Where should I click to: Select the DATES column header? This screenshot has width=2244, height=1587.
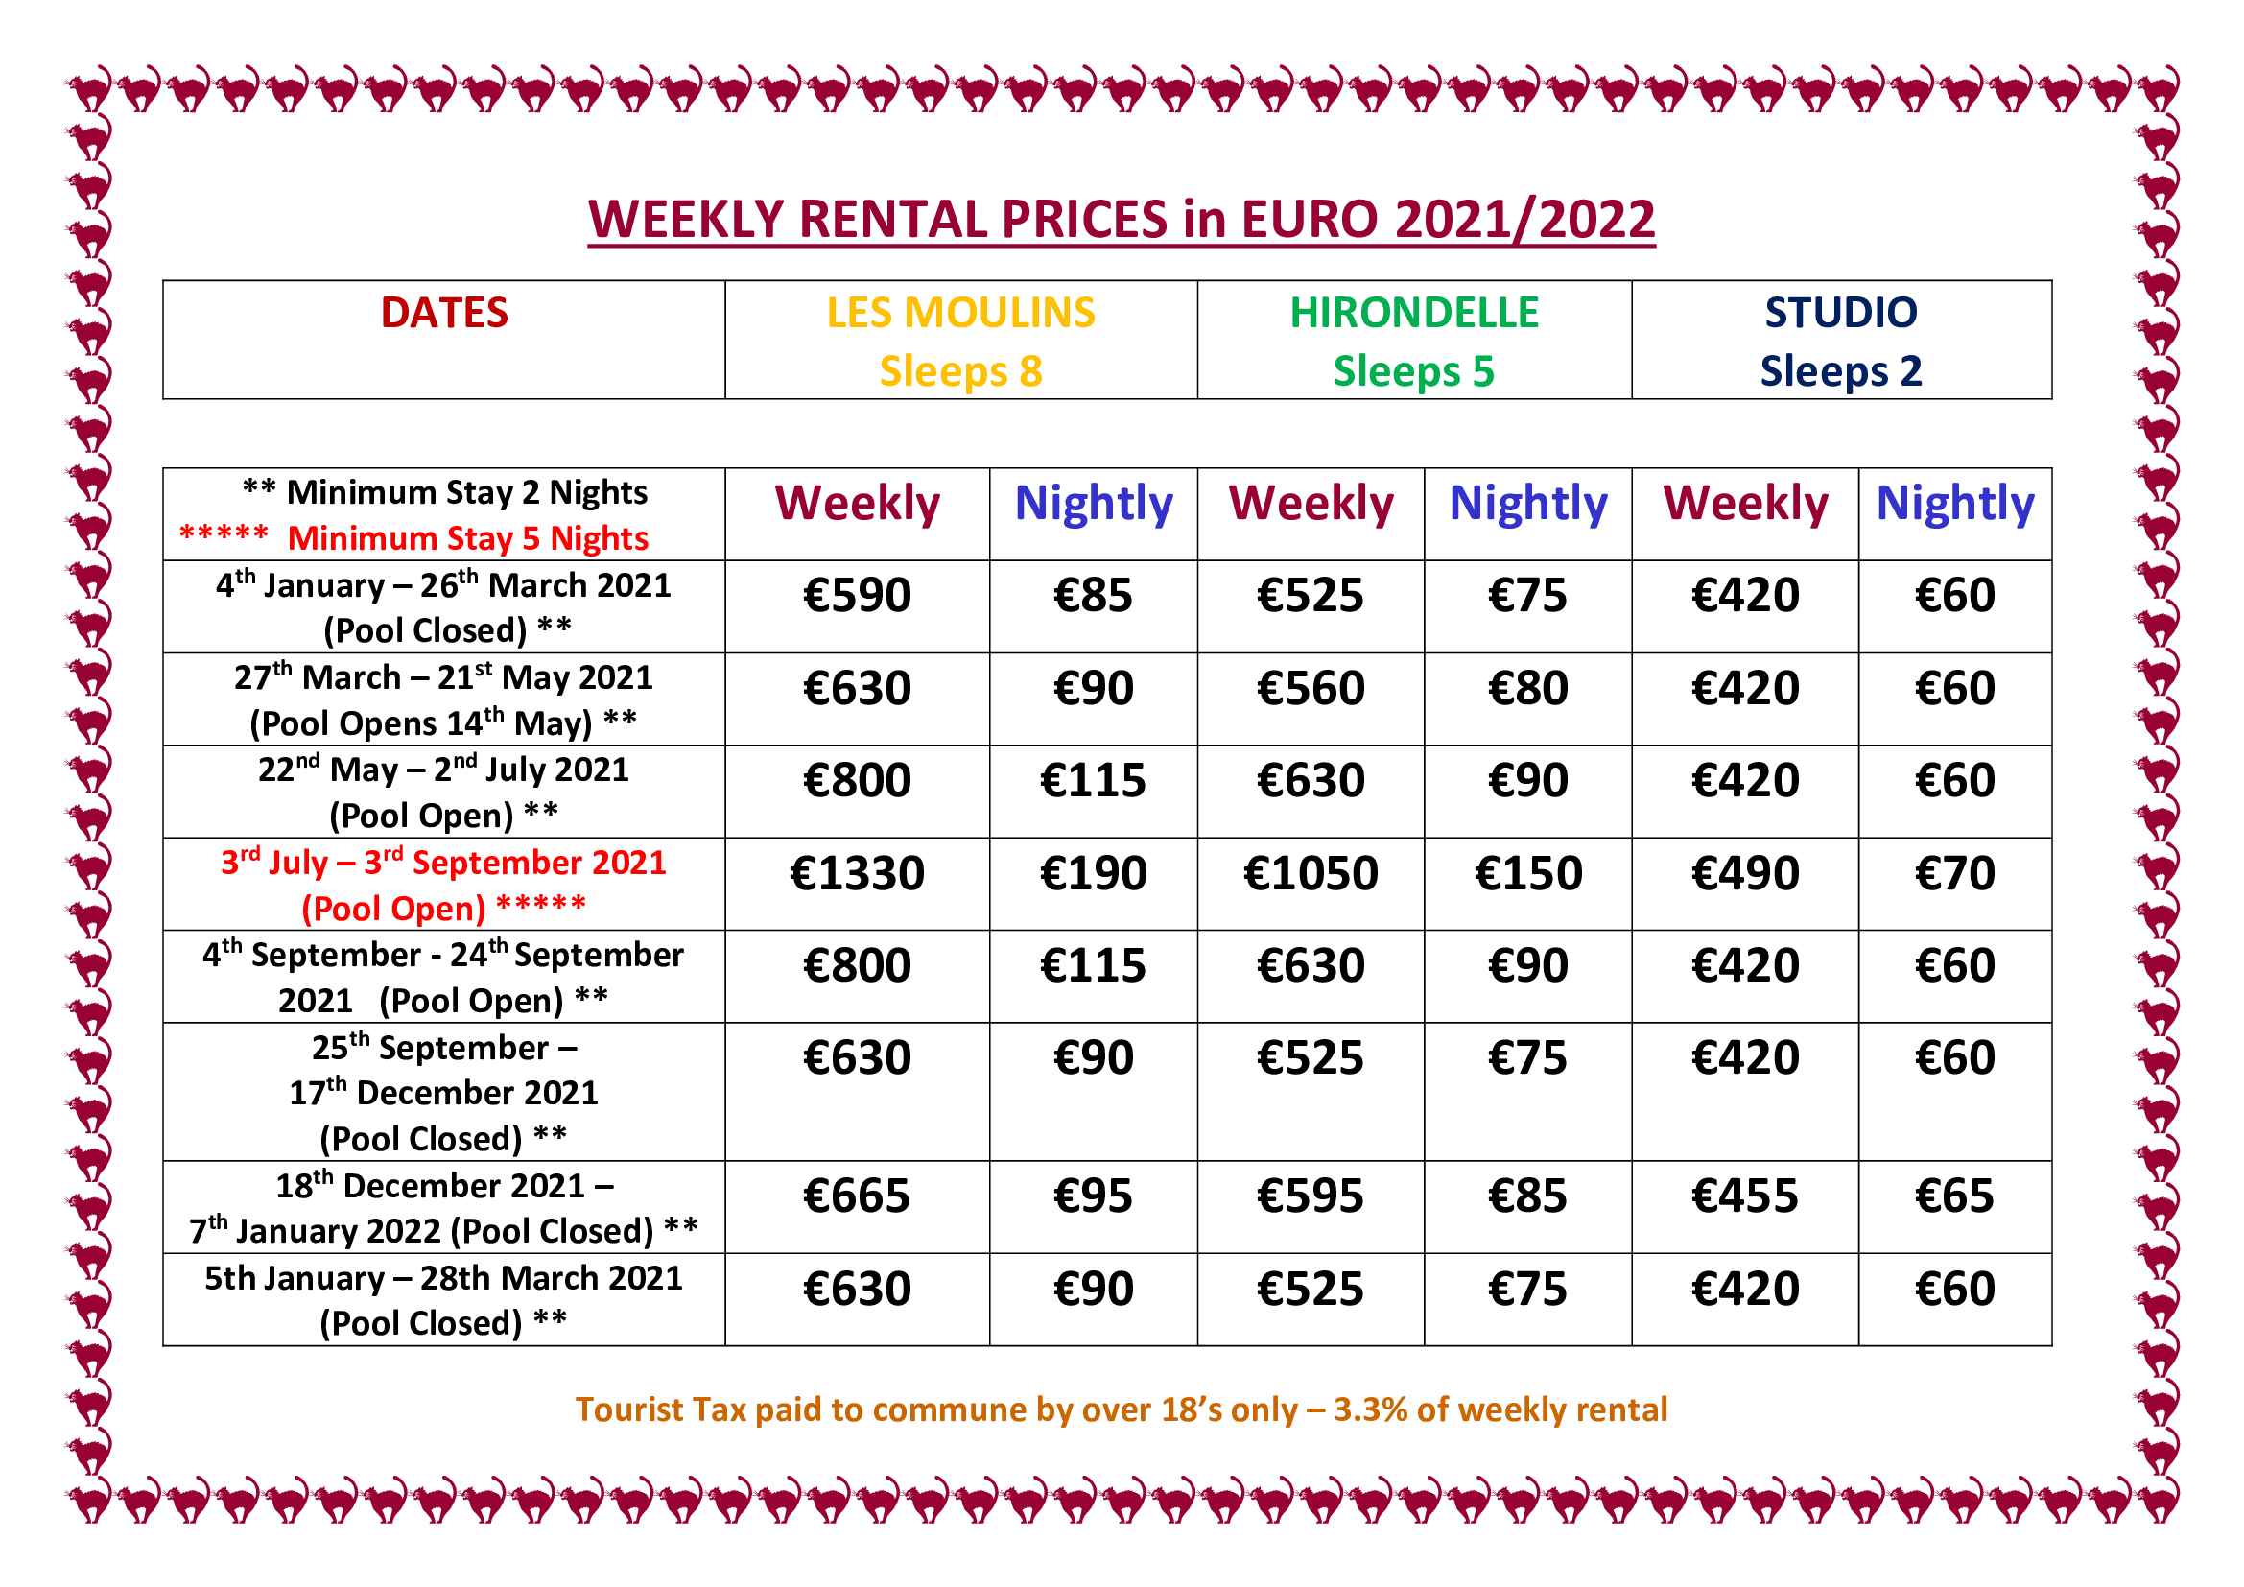pos(445,313)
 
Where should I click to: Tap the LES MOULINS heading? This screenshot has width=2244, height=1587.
pos(960,313)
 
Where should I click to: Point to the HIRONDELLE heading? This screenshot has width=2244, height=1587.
pos(1414,313)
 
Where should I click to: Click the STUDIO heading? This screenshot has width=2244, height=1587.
pos(1841,313)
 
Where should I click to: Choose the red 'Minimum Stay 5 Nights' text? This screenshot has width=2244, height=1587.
pos(468,538)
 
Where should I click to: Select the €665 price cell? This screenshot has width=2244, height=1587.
pos(857,1196)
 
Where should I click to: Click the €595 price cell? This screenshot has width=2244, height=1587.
pos(1311,1196)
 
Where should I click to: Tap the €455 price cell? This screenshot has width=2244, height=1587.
pos(1744,1196)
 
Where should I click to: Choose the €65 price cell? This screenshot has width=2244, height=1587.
pos(1954,1196)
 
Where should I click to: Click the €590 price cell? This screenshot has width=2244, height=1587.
pos(857,595)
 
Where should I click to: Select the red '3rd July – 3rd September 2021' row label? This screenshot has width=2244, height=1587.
pos(444,862)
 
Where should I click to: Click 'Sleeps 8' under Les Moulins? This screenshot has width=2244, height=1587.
pos(960,371)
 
